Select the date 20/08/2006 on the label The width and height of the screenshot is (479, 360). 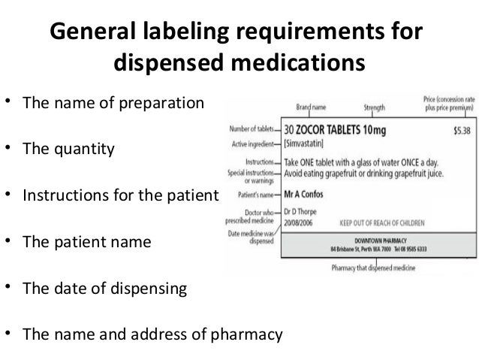(300, 223)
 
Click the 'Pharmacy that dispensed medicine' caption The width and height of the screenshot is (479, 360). (373, 268)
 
